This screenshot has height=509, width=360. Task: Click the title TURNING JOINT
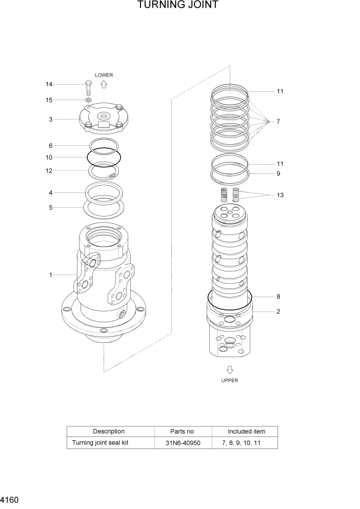pos(177,6)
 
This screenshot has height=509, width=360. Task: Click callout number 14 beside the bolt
pos(49,84)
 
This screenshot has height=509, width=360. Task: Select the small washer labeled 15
pos(89,100)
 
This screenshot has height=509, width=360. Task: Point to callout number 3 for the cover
pos(51,120)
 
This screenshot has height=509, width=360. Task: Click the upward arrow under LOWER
pos(104,85)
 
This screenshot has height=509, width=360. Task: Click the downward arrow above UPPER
pos(230,369)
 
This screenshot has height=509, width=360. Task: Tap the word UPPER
pos(230,381)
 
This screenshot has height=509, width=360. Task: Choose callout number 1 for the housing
pos(51,275)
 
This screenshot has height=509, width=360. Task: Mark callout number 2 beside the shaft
pos(278,311)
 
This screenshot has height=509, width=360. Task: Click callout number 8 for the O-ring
pos(278,297)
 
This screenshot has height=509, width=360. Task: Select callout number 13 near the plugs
pos(280,195)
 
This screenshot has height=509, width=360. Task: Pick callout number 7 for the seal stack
pos(278,122)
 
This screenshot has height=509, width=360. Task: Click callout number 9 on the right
pos(278,173)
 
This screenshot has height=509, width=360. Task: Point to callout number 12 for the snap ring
pos(49,171)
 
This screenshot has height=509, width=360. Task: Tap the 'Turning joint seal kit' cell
pos(100,443)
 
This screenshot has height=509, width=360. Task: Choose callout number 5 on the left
pos(51,208)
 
